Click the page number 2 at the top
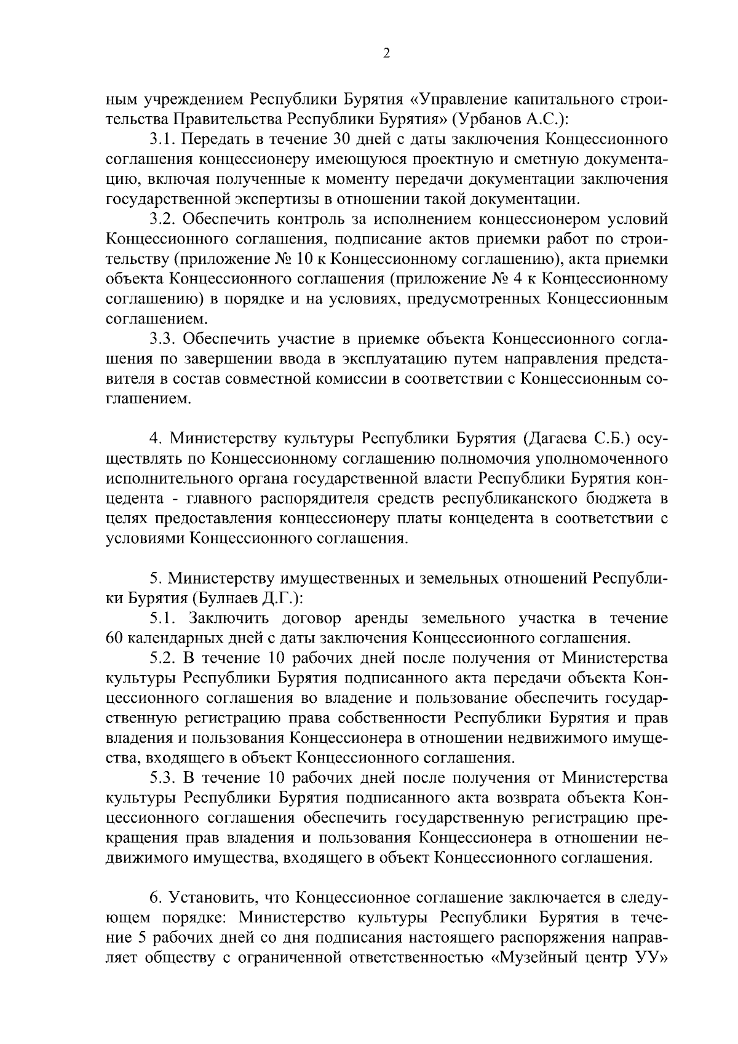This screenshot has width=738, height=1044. click(x=386, y=53)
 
